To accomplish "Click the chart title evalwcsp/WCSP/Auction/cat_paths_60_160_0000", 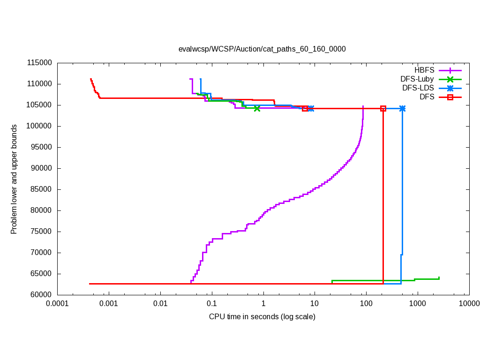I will pyautogui.click(x=262, y=49).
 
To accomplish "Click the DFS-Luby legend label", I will pyautogui.click(x=417, y=79).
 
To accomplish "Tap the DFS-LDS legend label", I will pyautogui.click(x=418, y=88).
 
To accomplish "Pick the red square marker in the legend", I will pyautogui.click(x=450, y=97).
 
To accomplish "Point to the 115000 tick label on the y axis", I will pyautogui.click(x=39, y=63).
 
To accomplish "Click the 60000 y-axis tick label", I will pyautogui.click(x=41, y=295).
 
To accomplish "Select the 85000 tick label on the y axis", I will pyautogui.click(x=41, y=189).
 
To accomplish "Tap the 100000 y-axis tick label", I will pyautogui.click(x=39, y=126).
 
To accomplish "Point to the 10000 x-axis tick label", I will pyautogui.click(x=469, y=304).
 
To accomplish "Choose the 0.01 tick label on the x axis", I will pyautogui.click(x=160, y=304).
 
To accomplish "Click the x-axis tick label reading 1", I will pyautogui.click(x=263, y=304).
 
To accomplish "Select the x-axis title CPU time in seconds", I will pyautogui.click(x=262, y=316).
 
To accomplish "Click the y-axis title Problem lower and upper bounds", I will pyautogui.click(x=14, y=179).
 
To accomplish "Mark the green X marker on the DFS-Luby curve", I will pyautogui.click(x=257, y=108).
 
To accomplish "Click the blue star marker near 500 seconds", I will pyautogui.click(x=402, y=108).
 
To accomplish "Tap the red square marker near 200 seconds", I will pyautogui.click(x=383, y=108).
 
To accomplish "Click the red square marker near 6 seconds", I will pyautogui.click(x=305, y=108).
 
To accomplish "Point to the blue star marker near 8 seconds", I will pyautogui.click(x=311, y=108).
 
